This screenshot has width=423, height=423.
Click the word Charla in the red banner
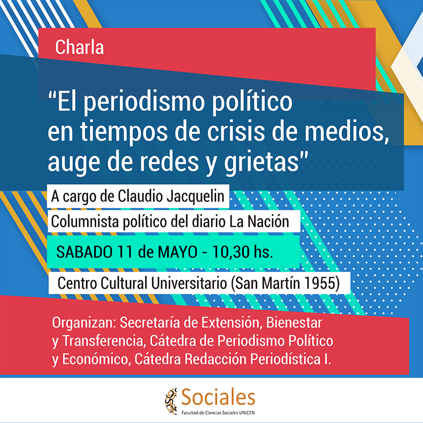(80, 47)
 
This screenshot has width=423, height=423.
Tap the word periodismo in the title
(143, 103)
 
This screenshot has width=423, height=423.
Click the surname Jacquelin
(195, 196)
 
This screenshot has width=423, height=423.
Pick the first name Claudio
(140, 196)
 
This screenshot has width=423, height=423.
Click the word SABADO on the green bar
(85, 252)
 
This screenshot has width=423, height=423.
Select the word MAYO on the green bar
(178, 252)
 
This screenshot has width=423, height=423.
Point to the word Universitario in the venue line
(189, 283)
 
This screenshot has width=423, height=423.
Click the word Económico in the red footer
(97, 359)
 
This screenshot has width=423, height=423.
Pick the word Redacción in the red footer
(215, 359)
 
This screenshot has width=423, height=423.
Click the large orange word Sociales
(218, 398)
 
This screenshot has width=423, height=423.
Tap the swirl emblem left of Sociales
(171, 401)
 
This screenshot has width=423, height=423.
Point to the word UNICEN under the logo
(247, 413)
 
